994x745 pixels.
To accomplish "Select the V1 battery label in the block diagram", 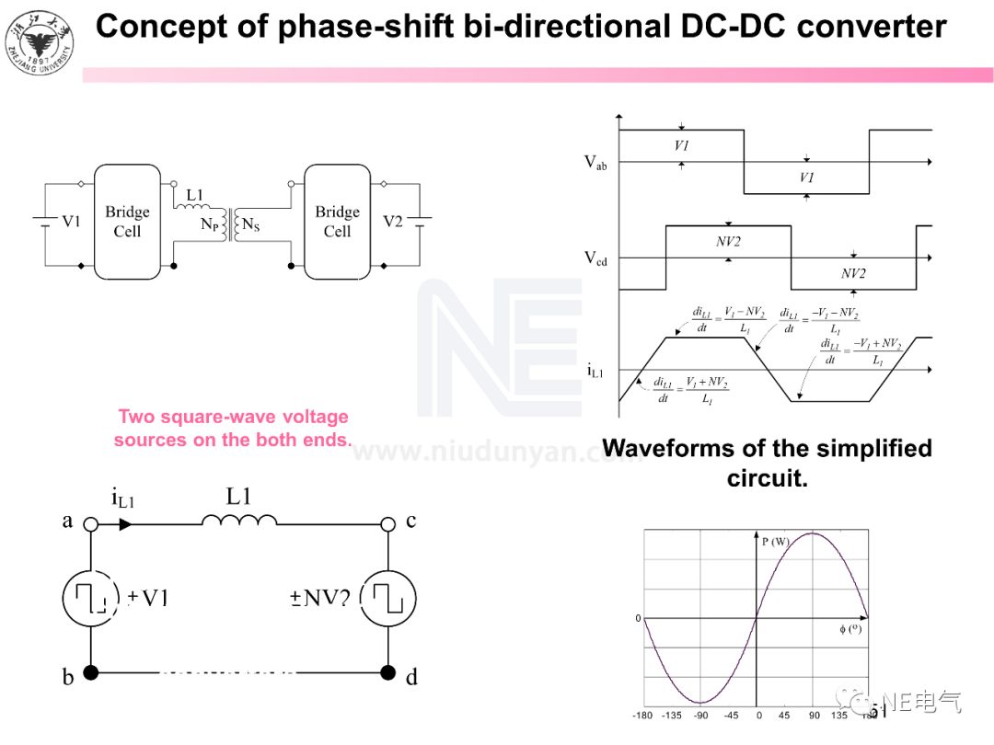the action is pos(71,222).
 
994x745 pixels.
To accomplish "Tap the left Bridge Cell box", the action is pos(127,222).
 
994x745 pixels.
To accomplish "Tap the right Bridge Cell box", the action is pos(337,222).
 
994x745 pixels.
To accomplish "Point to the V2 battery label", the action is pos(393,222).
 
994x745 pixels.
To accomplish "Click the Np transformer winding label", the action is pos(210,224).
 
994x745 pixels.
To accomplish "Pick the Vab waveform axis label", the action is pos(595,164).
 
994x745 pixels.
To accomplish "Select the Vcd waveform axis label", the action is pos(595,258).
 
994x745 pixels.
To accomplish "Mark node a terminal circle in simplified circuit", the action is pos(91,524).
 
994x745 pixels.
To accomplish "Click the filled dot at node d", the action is pos(387,672).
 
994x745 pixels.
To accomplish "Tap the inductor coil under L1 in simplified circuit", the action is pos(239,521).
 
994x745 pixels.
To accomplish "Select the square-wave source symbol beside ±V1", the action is pos(91,598).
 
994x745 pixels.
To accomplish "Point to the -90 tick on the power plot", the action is pos(700,716).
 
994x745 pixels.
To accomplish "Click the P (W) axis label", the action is pos(775,542).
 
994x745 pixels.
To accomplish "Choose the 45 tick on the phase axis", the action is pos(786,716).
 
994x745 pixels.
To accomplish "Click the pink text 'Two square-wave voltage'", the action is pos(233,418).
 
